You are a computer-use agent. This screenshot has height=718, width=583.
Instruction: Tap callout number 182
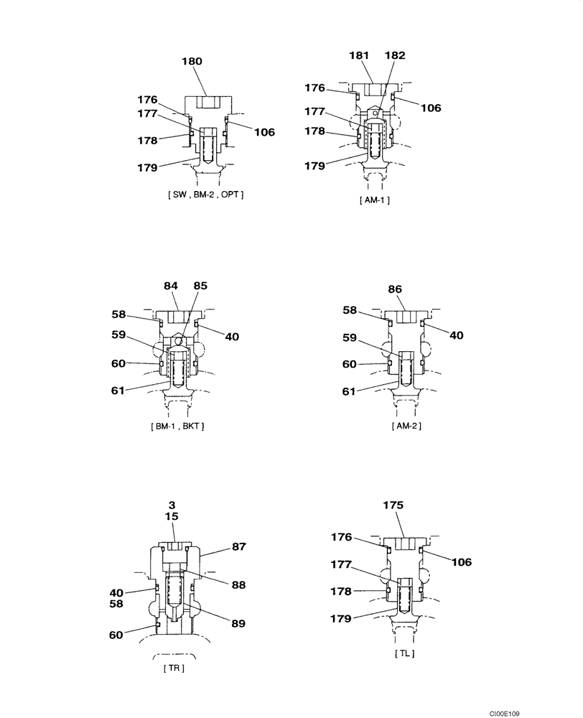point(394,55)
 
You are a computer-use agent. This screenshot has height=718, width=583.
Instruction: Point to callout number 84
point(170,286)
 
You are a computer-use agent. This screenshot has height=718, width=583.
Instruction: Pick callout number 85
point(200,286)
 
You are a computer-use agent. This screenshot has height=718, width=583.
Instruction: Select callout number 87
point(239,546)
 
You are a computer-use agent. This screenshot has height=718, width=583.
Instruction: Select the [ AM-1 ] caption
point(374,200)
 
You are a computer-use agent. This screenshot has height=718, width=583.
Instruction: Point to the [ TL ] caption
point(405,653)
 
